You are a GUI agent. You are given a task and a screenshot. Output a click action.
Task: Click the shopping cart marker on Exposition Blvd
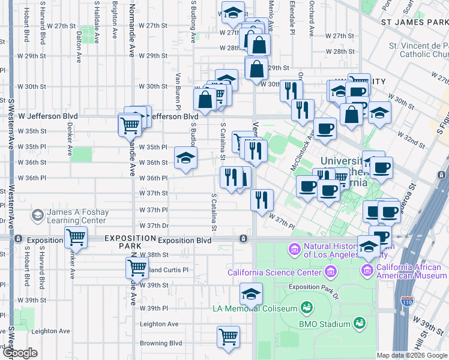(76, 238)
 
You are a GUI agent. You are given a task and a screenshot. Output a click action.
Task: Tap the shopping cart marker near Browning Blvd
(229, 337)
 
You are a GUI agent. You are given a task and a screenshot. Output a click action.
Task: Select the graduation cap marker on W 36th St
(186, 158)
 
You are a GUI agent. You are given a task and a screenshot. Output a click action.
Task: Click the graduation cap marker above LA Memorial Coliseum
(251, 294)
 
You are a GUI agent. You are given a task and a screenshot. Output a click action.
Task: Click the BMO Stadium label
(325, 325)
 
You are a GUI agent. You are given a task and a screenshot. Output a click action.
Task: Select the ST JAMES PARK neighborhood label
(415, 22)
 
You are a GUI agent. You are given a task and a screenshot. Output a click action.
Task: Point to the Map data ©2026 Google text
(412, 355)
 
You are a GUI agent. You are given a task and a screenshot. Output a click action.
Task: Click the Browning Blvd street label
(161, 344)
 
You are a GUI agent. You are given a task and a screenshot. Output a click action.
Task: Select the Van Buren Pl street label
(178, 91)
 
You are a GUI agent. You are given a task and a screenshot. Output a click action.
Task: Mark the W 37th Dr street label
(154, 226)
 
